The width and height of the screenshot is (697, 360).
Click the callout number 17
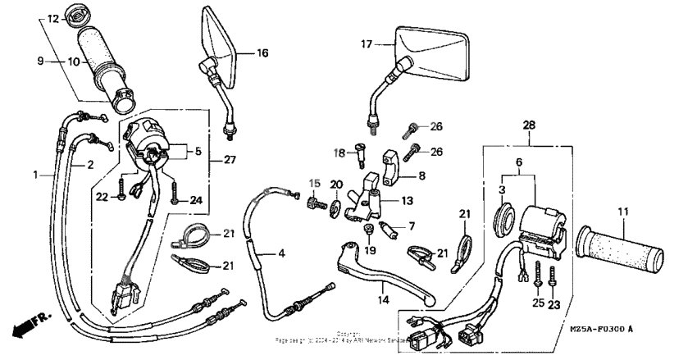coord(367,45)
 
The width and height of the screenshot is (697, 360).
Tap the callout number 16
coord(262,53)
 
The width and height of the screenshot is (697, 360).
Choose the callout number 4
coord(281,254)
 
